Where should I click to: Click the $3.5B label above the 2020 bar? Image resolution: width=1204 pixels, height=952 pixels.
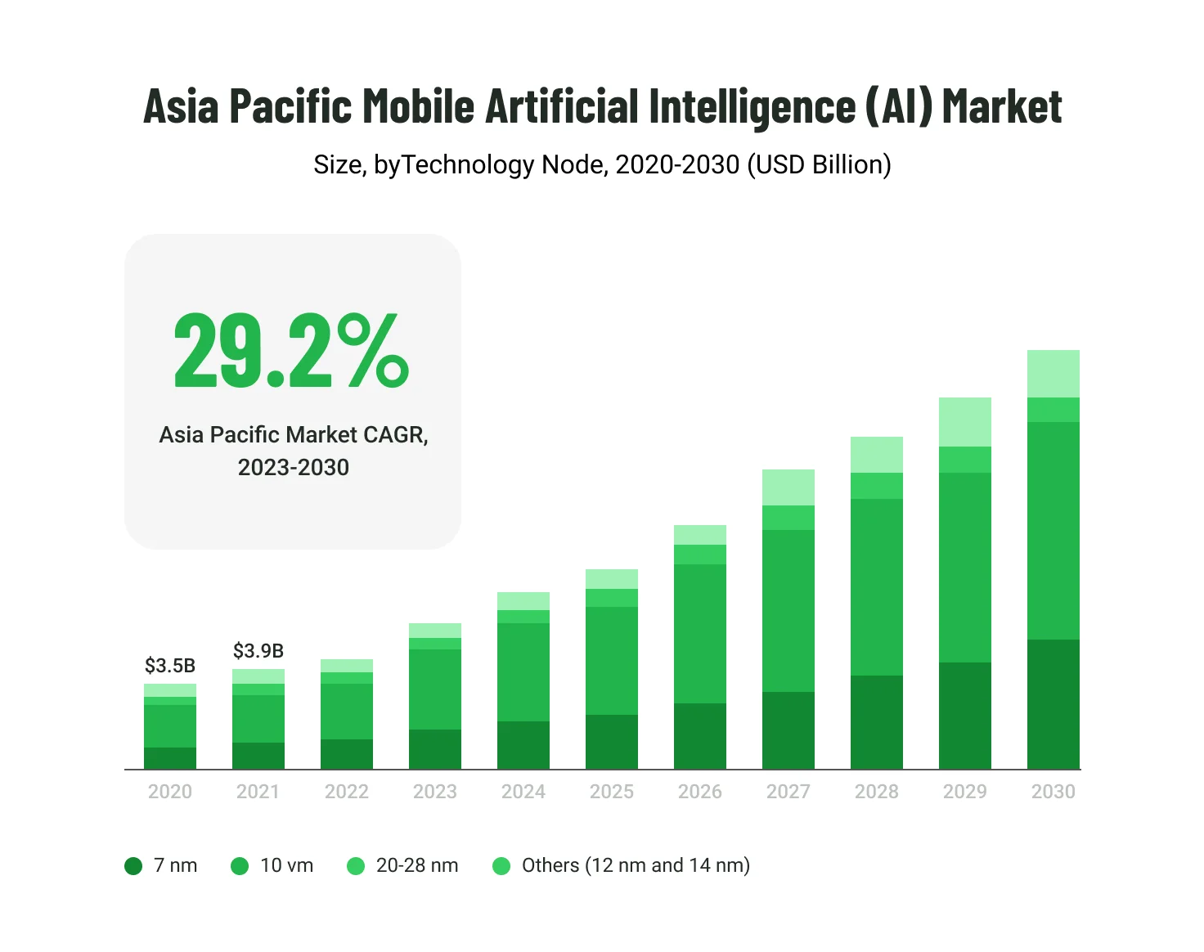170,666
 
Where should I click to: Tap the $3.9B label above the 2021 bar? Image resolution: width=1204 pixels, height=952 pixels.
258,651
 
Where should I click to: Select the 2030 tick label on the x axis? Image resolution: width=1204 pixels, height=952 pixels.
1053,792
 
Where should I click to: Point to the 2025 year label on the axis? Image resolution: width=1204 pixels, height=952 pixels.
612,792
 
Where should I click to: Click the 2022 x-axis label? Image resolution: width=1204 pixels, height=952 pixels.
347,792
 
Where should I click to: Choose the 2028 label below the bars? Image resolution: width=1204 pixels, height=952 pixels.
876,792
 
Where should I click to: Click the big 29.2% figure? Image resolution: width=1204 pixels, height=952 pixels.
291,352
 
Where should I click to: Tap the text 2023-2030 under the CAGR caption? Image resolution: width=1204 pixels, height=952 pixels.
293,467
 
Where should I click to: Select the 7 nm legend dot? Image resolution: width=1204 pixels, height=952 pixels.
133,865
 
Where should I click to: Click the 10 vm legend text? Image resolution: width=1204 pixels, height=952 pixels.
286,865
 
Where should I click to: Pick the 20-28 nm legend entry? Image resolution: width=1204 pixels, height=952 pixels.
416,865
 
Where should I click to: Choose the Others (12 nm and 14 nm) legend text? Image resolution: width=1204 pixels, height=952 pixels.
636,865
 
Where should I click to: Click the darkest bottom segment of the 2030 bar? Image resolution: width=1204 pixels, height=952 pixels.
1053,704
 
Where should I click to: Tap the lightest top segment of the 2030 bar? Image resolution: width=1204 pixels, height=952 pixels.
1053,374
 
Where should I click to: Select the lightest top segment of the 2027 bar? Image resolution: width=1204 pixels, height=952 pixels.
788,487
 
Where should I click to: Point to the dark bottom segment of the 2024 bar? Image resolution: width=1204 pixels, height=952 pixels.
523,745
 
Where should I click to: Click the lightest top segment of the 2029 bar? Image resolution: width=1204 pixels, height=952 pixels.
965,422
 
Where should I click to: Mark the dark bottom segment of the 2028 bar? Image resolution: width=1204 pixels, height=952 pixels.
876,722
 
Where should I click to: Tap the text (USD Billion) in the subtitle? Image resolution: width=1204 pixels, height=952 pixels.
819,165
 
